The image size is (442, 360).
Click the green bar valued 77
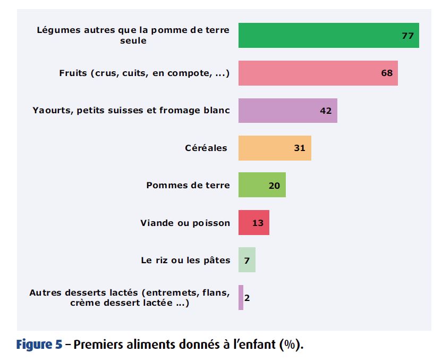pos(328,36)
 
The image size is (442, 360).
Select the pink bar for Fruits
pos(318,73)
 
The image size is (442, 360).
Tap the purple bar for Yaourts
pos(287,111)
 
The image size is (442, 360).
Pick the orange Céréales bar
pos(274,148)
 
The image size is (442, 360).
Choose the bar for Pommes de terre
pos(261,185)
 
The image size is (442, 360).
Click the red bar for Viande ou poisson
pos(253,222)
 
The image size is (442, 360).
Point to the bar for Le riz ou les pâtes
pos(246,260)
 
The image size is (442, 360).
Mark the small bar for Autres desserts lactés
pos(241,297)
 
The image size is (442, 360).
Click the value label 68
pos(387,73)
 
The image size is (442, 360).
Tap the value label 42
pos(326,111)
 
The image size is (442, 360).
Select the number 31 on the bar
pos(300,148)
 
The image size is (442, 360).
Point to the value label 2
pos(247,298)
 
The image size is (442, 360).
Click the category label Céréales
pos(206,148)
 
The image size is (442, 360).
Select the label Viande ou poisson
pos(185,223)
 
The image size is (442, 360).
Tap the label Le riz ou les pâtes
pos(185,260)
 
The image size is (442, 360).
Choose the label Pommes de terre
pos(188,185)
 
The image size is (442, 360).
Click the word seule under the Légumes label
pos(133,40)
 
